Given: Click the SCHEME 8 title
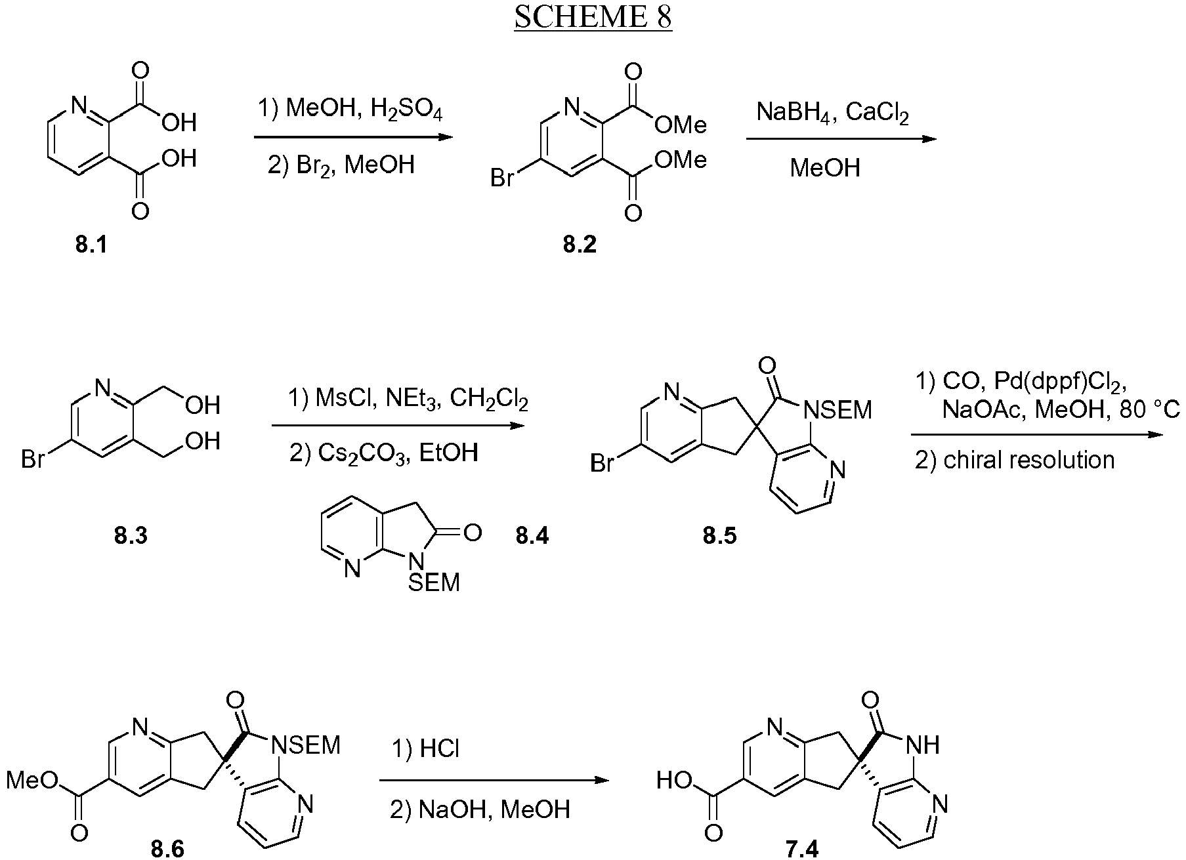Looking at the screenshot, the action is [593, 18].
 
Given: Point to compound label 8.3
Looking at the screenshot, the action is [131, 536].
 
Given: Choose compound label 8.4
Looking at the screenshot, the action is [532, 536].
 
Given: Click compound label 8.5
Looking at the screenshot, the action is [720, 536].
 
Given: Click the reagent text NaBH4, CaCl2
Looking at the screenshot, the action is [832, 113].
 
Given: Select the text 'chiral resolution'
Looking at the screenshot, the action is [1029, 460].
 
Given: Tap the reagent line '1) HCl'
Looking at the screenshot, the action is [425, 748].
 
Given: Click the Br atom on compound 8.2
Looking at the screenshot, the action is [503, 178].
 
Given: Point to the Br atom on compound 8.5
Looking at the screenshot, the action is [603, 463].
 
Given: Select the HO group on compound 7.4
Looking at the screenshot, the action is [675, 781].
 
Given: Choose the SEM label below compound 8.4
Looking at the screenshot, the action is [434, 582].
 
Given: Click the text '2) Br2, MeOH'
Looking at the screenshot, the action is [341, 164].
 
